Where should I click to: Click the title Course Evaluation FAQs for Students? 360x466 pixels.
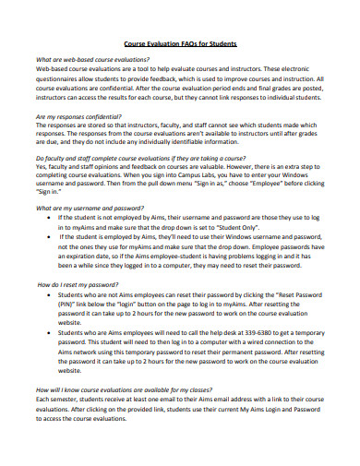pos(180,42)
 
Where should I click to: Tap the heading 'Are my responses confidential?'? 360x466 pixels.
pos(79,118)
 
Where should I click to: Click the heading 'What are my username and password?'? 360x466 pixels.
pos(89,209)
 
